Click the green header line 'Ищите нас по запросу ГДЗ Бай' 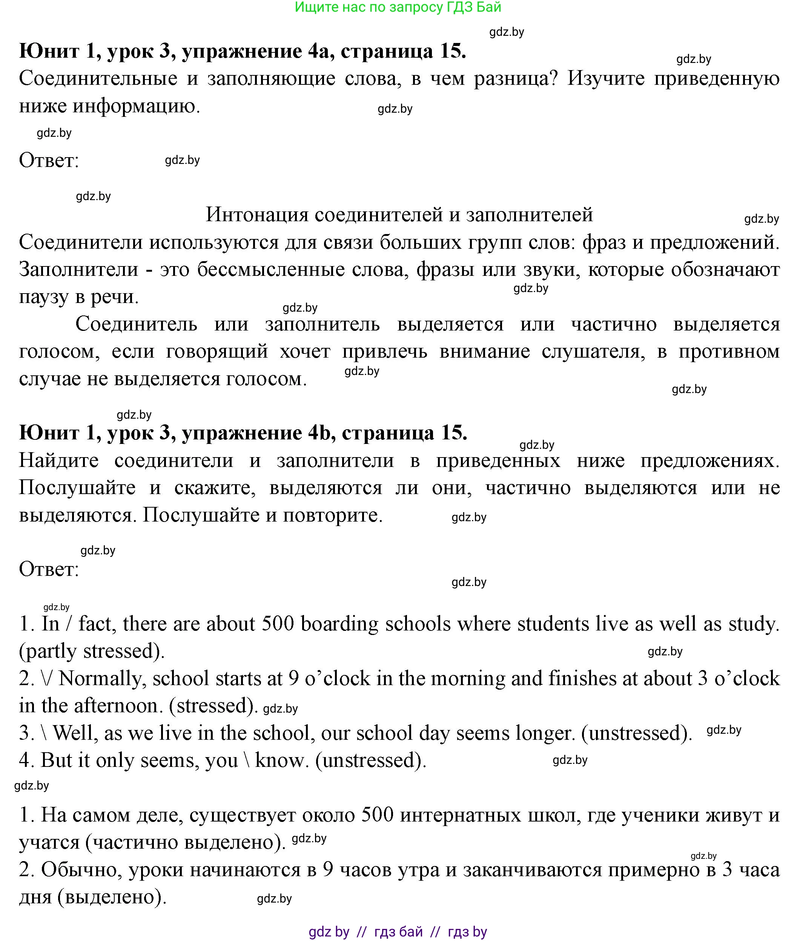pos(398,7)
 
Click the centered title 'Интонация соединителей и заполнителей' pos(399,215)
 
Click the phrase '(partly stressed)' pos(92,651)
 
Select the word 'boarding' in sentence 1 pos(340,624)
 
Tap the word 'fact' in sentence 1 pos(97,624)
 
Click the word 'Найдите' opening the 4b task pos(59,461)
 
